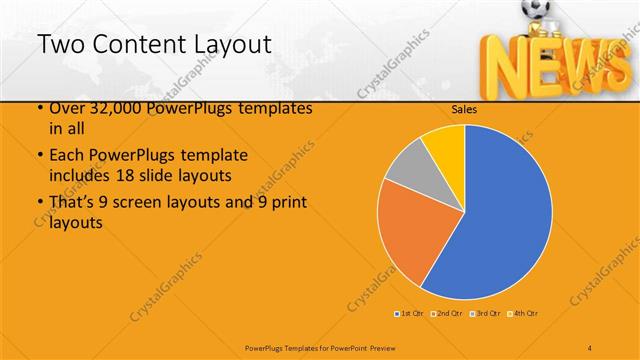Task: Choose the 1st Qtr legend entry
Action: tap(410, 314)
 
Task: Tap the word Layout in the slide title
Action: tap(226, 44)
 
